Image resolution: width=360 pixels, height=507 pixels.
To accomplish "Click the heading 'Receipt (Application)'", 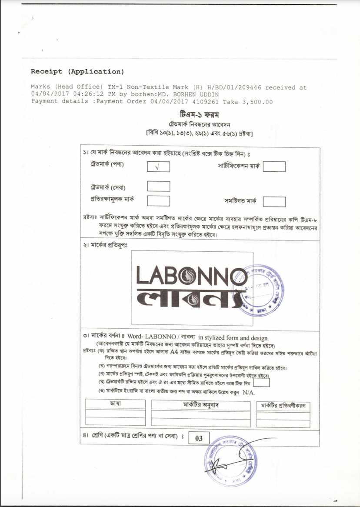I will [x=77, y=71].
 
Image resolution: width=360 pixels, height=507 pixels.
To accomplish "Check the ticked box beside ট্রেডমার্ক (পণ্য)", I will [x=158, y=167].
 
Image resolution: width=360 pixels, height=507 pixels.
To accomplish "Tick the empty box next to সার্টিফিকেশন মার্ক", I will [x=274, y=167].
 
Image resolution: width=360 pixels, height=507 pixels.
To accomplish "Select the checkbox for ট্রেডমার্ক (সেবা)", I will [x=158, y=186].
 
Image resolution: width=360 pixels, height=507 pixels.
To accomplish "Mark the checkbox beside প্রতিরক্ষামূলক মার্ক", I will [x=158, y=200].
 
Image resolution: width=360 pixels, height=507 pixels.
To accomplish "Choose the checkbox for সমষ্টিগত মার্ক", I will [x=274, y=202].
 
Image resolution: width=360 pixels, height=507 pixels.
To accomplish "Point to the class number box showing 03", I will [x=199, y=438].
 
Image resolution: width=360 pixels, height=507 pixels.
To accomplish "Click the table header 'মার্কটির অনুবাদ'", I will [x=200, y=405].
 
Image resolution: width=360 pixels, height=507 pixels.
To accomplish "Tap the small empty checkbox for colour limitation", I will [x=261, y=383].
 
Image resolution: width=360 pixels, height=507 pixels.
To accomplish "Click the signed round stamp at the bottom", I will [x=231, y=461].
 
